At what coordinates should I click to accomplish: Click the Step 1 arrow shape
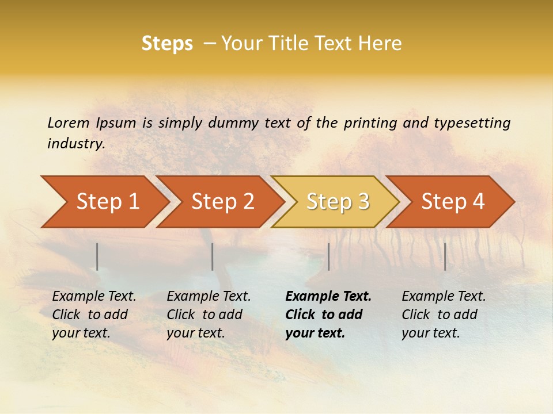[104, 202]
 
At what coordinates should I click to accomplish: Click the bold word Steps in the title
[167, 44]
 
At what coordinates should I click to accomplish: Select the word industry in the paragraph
[75, 144]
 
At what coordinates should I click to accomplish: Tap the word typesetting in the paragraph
[472, 123]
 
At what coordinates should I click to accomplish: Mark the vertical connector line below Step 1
[97, 256]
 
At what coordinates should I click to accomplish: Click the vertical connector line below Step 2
[213, 256]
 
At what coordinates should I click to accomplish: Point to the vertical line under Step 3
[328, 256]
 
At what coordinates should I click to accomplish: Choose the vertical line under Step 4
[445, 256]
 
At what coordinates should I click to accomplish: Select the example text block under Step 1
[93, 315]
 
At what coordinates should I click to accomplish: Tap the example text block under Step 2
[208, 315]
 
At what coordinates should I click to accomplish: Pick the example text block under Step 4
[443, 315]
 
